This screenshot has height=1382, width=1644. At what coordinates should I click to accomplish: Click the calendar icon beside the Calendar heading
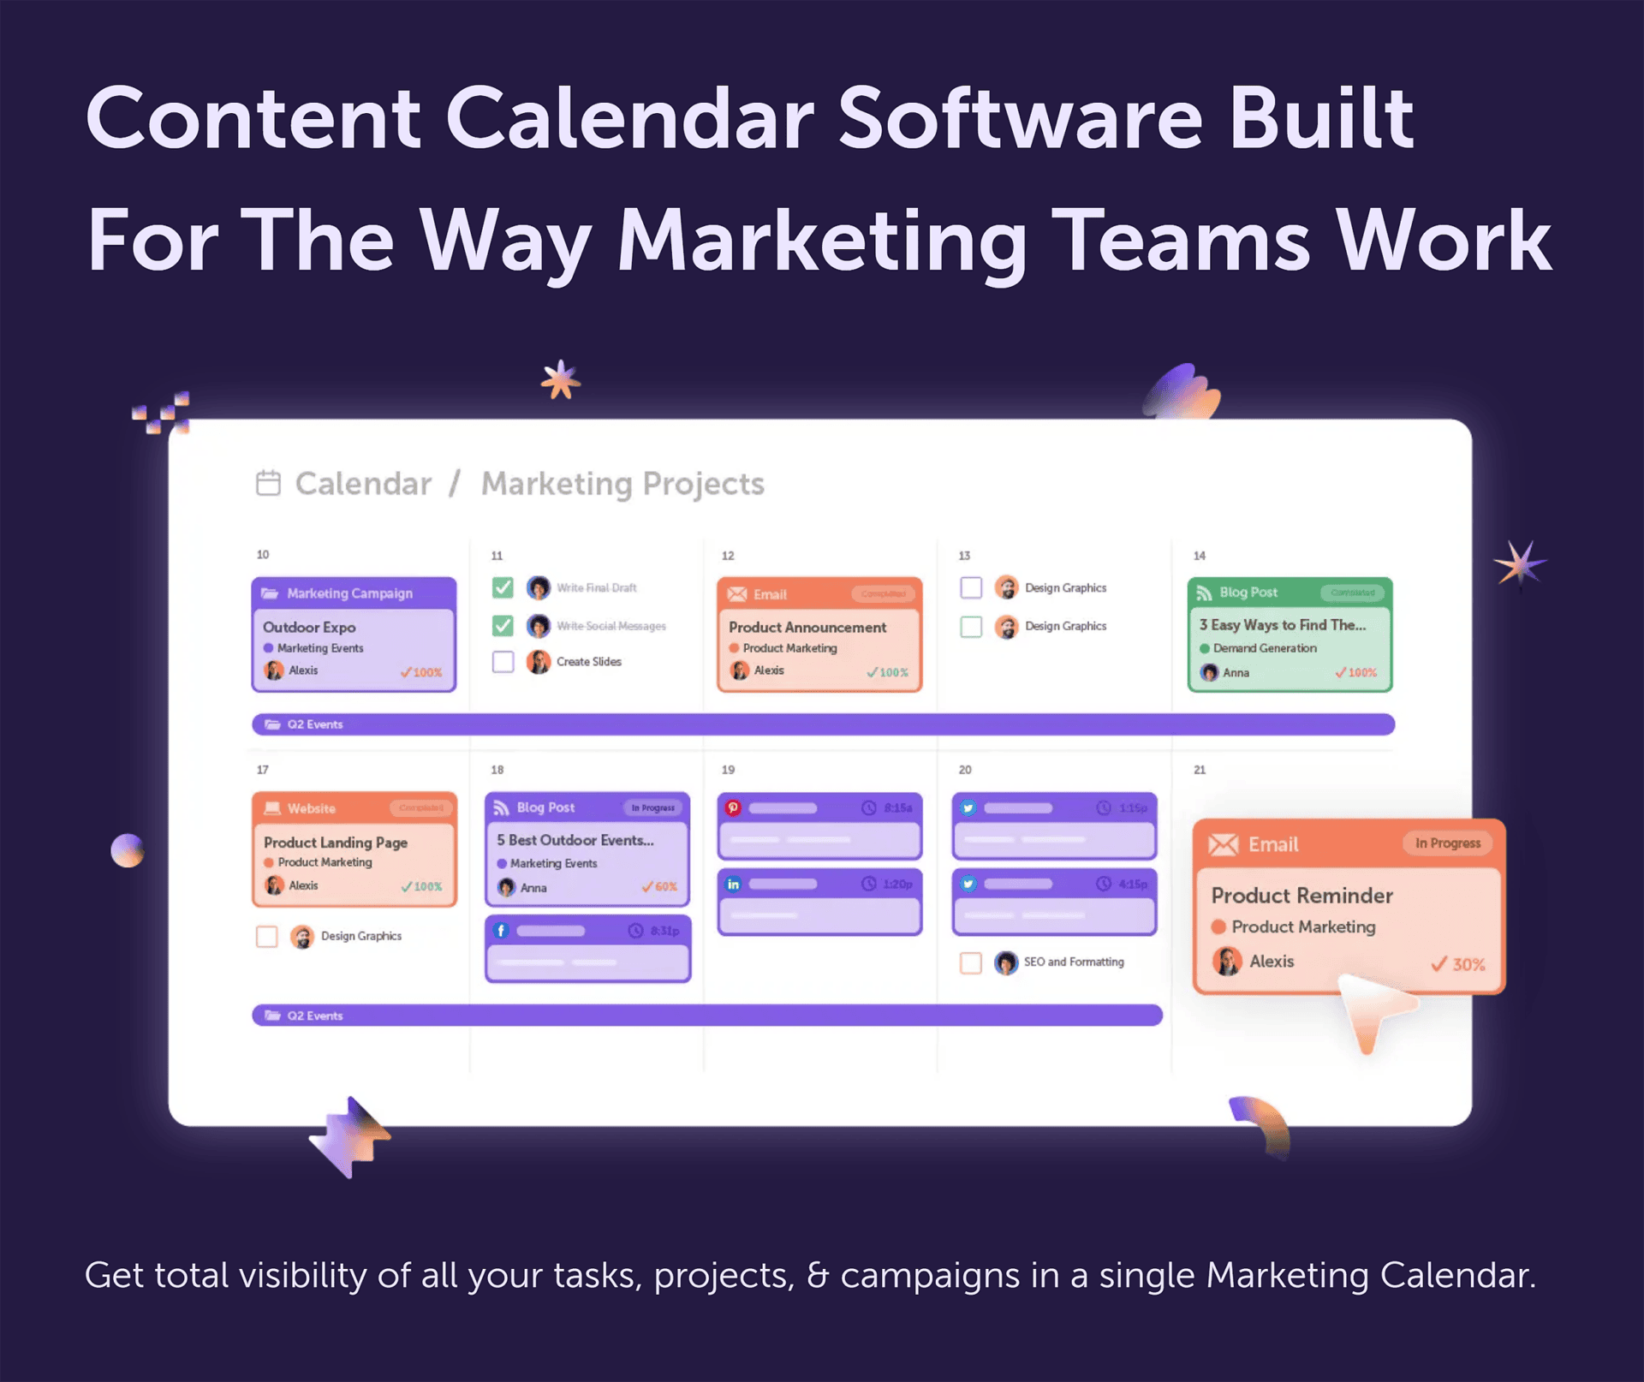(268, 483)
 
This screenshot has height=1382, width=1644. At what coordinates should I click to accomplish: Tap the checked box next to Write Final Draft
(503, 587)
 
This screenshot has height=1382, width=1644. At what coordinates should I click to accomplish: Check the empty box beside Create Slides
(503, 662)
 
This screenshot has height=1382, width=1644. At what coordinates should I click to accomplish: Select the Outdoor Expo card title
(309, 627)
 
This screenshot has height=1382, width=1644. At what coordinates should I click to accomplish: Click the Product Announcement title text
(807, 627)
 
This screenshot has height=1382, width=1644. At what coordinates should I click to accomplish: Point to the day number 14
(1200, 556)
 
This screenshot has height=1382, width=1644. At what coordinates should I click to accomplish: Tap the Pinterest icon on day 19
(733, 807)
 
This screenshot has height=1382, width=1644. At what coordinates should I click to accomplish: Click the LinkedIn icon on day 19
(733, 884)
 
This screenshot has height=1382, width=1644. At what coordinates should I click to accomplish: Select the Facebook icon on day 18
(501, 931)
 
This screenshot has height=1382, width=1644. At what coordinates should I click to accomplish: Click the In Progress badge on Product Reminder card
(1447, 843)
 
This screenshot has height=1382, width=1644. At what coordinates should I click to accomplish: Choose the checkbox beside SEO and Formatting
(971, 962)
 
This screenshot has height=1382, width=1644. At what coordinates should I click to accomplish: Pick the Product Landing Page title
(335, 843)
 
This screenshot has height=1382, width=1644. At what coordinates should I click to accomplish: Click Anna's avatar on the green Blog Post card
(1209, 673)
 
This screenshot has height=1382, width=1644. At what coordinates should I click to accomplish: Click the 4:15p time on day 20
(1132, 884)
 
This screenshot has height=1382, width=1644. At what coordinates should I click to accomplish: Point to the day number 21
(1200, 770)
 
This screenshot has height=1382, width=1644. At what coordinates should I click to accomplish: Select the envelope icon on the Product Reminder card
(1223, 845)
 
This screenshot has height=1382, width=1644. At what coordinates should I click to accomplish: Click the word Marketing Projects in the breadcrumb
(622, 484)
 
